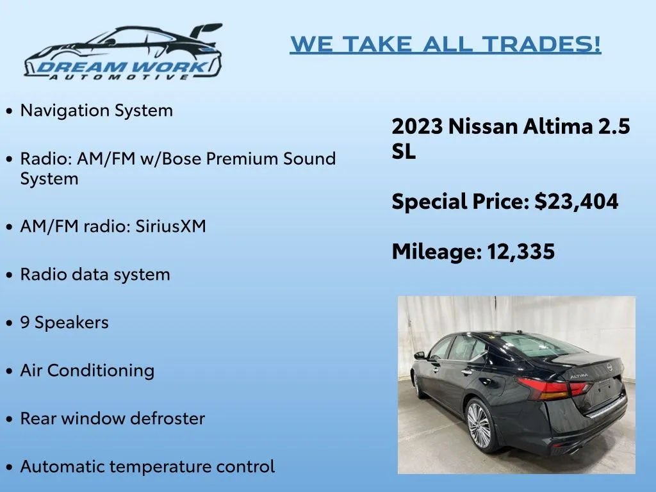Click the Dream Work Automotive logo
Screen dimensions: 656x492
coord(123,51)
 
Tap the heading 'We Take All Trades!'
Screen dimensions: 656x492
coord(446,44)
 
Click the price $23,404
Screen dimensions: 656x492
coord(577,202)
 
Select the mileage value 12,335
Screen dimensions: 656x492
coord(521,251)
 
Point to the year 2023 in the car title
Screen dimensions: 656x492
coord(417,126)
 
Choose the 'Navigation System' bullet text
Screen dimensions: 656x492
coord(96,110)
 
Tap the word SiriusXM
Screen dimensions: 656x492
coord(170,226)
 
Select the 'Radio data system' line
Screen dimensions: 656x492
coord(95,274)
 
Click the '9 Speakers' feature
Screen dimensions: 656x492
coord(65,323)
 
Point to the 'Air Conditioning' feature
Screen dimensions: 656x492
coord(87,371)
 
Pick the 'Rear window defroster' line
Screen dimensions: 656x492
coord(113,418)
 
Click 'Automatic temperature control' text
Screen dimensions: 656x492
coord(147,466)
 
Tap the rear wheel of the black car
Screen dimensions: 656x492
coord(480,425)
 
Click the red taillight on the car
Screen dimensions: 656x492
coord(553,389)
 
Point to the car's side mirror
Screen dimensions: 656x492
coord(419,356)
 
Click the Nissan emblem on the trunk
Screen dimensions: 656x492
coord(610,367)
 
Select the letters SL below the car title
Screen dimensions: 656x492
coord(404,151)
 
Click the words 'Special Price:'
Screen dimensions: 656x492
coord(461,202)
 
